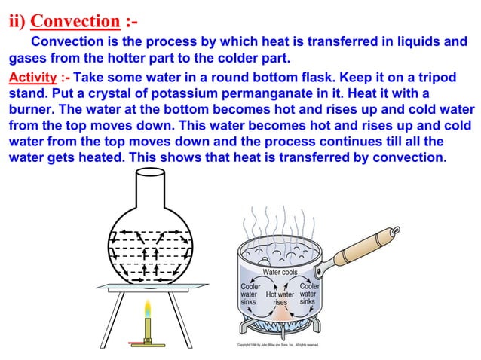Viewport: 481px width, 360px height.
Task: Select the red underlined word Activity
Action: tap(31, 78)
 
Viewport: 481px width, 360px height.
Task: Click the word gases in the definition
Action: tap(29, 58)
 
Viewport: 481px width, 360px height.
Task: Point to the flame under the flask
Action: tap(148, 311)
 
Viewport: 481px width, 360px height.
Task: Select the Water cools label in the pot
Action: tap(280, 272)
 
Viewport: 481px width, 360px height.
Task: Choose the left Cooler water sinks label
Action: tap(250, 294)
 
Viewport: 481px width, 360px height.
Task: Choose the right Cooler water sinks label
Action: tap(309, 294)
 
